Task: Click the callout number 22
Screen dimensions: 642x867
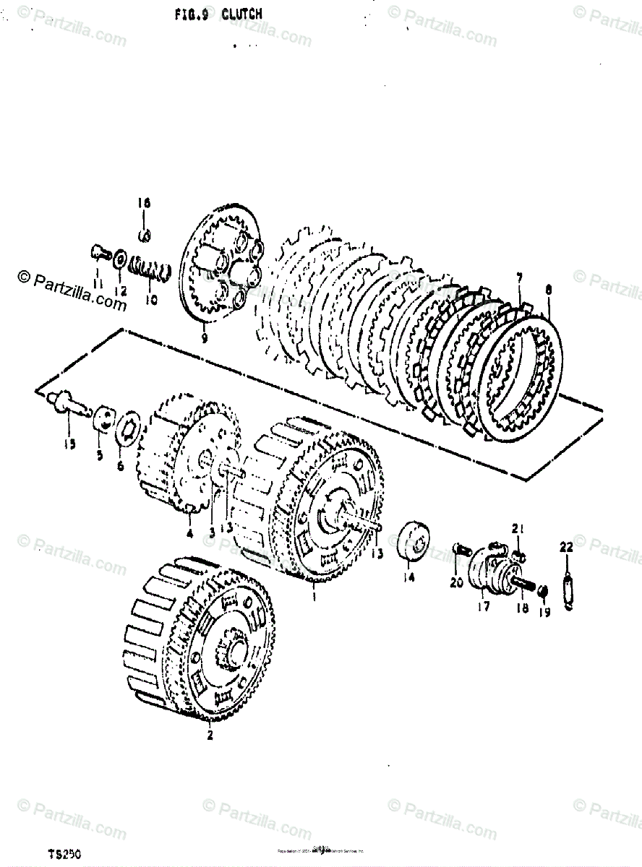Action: click(566, 548)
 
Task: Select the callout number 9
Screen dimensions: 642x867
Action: click(204, 337)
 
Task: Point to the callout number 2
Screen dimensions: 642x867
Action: click(209, 736)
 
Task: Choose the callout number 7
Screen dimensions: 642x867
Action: click(518, 278)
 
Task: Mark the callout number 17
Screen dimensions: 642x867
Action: click(483, 607)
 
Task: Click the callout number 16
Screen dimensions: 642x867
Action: click(143, 204)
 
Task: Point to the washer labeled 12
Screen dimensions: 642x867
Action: click(119, 256)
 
